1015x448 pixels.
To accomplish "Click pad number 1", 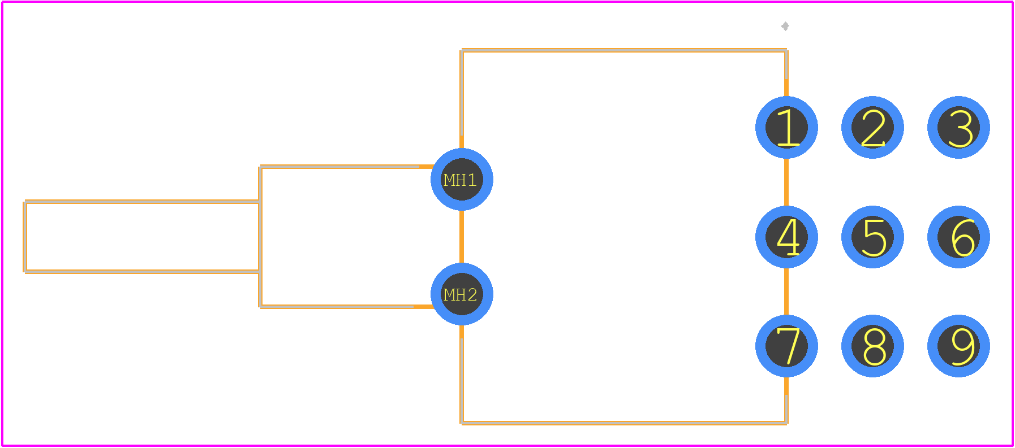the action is [x=786, y=128].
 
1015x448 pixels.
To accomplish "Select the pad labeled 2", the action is [x=872, y=128].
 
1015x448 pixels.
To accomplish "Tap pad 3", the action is [x=958, y=128].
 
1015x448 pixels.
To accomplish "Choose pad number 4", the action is [x=786, y=237].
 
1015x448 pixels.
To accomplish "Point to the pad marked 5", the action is [x=872, y=237].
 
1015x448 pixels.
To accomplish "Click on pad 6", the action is [x=958, y=237].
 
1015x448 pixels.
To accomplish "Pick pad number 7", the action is [x=786, y=346].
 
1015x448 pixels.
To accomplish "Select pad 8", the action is [x=872, y=346].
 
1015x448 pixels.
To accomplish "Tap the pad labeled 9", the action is [x=958, y=346].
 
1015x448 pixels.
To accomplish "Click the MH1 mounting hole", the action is [x=462, y=180].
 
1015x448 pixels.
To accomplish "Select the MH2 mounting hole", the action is [x=462, y=294].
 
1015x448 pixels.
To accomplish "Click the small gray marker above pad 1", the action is [x=785, y=26].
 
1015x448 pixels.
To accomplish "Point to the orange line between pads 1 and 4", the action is [x=786, y=182].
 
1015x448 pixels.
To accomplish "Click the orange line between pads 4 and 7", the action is [x=786, y=292].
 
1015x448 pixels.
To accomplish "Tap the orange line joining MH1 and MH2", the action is [x=462, y=237].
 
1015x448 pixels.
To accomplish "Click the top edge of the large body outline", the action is [x=624, y=50].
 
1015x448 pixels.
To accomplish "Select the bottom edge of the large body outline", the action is [x=624, y=423].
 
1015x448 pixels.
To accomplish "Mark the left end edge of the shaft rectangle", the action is [x=25, y=237].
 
